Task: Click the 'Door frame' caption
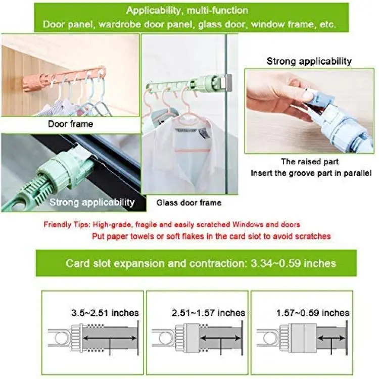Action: (70, 124)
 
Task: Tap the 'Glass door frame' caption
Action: (189, 203)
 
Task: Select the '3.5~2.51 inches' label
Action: (105, 313)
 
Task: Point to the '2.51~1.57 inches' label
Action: (208, 313)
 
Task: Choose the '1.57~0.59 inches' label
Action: (313, 313)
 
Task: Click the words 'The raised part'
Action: (310, 162)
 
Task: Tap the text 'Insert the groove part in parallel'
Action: (311, 173)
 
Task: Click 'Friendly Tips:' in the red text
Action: (67, 224)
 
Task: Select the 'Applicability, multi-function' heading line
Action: (187, 11)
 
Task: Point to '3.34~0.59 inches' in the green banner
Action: (293, 263)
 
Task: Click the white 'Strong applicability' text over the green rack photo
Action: (92, 202)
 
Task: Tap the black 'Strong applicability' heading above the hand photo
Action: (309, 61)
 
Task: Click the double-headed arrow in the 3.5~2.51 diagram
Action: (110, 338)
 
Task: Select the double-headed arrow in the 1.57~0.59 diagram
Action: (331, 338)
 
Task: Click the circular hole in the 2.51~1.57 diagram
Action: (165, 338)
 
